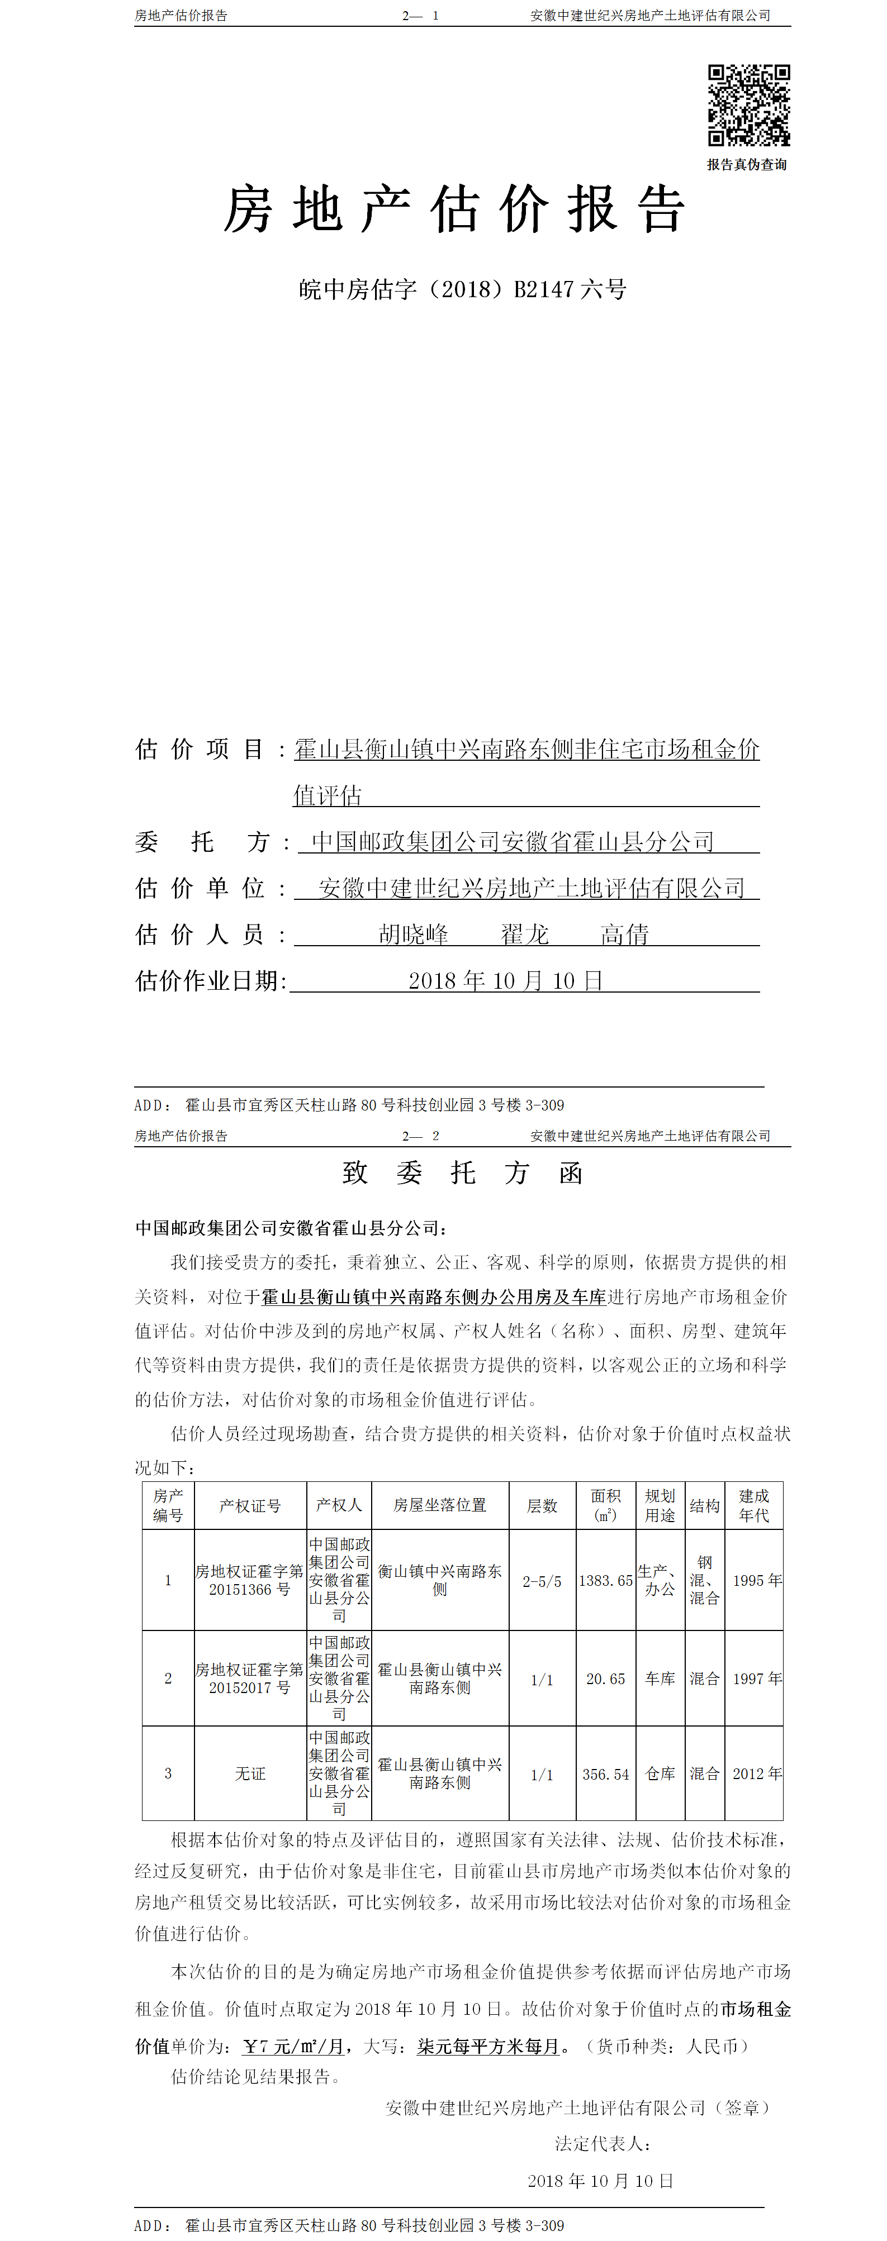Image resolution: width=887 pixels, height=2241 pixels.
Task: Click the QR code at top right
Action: pyautogui.click(x=748, y=104)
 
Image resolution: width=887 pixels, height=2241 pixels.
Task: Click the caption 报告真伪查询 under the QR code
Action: pyautogui.click(x=747, y=164)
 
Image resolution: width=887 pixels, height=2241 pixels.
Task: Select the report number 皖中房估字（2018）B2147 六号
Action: pyautogui.click(x=462, y=290)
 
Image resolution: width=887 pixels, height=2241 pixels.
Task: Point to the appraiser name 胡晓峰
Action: pyautogui.click(x=414, y=934)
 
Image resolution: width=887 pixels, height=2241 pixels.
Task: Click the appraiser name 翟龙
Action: pyautogui.click(x=525, y=934)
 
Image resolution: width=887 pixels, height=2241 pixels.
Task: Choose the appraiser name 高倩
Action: pyautogui.click(x=624, y=934)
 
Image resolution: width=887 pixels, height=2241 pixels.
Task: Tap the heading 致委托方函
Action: pyautogui.click(x=462, y=1172)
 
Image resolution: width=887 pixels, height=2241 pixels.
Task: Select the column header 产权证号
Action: pyautogui.click(x=250, y=1506)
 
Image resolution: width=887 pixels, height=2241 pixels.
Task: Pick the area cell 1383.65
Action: pyautogui.click(x=606, y=1581)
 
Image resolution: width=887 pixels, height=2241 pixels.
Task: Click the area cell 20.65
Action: pyautogui.click(x=606, y=1679)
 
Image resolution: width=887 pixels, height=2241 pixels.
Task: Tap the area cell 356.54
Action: pyautogui.click(x=606, y=1774)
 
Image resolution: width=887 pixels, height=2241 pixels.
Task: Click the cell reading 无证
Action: pyautogui.click(x=250, y=1774)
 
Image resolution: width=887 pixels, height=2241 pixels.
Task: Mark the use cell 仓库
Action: pyautogui.click(x=660, y=1774)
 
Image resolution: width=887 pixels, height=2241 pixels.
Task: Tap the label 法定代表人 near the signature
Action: pyautogui.click(x=603, y=2144)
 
